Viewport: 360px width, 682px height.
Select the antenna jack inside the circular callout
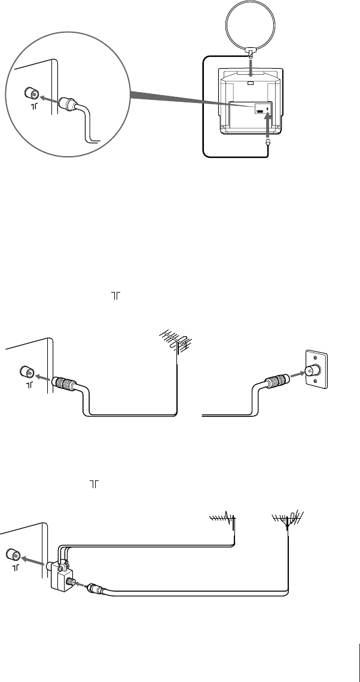coord(30,94)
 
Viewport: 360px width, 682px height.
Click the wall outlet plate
coord(315,371)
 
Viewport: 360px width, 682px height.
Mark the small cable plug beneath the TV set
coord(268,142)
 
